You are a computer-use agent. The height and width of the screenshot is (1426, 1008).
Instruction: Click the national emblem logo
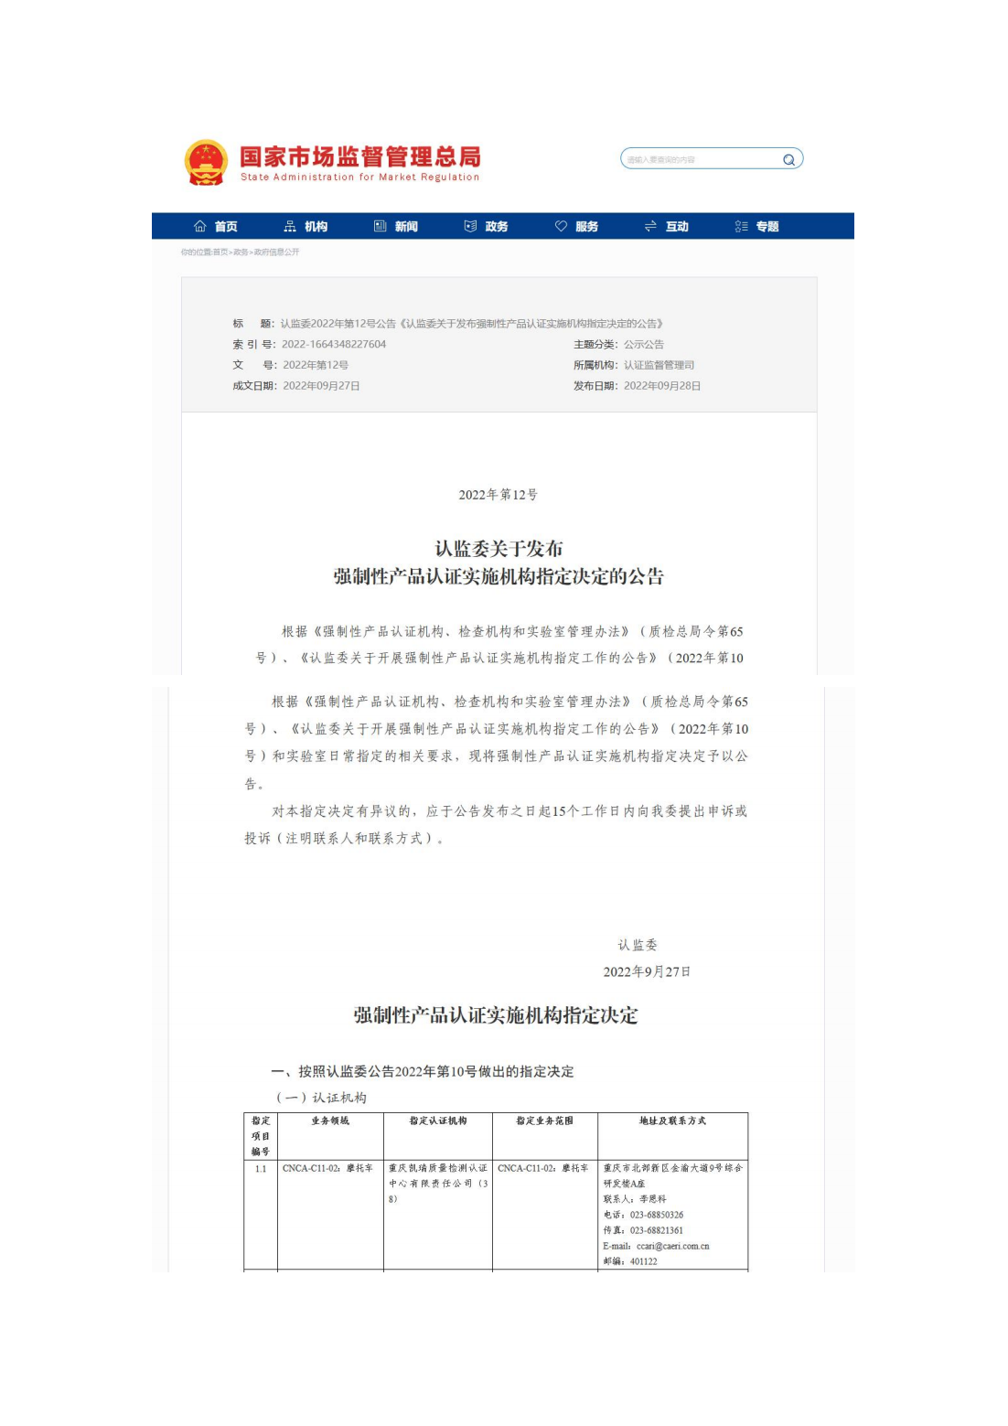pos(206,163)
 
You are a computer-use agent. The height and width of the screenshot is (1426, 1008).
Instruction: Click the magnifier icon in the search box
pos(788,160)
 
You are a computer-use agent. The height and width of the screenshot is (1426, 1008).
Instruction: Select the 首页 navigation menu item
pos(216,227)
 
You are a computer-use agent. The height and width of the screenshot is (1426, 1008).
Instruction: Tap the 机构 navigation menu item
pos(306,227)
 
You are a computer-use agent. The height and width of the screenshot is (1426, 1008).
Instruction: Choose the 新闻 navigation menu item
pos(396,227)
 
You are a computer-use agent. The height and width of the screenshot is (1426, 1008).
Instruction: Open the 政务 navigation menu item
pos(487,227)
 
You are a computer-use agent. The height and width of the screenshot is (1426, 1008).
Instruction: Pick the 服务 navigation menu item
pos(577,227)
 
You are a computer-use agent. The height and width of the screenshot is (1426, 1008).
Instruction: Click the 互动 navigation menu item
pos(667,227)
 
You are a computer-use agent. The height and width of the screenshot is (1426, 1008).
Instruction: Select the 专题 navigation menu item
pos(757,227)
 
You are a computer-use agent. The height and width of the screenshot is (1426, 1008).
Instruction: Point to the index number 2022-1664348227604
pos(334,345)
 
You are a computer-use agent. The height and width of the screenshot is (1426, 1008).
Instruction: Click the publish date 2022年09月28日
pos(662,386)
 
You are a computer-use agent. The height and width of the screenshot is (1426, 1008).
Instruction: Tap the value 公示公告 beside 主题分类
pos(644,345)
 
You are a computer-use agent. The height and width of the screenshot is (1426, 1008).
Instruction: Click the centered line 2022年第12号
pos(498,495)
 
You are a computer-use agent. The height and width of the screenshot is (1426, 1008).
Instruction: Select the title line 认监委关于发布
pos(499,549)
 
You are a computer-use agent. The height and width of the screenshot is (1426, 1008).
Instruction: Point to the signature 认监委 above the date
pos(638,945)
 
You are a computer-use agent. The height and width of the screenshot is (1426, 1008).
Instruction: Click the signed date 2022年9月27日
pos(647,971)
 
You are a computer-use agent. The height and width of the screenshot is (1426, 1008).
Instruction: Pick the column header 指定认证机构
pos(438,1121)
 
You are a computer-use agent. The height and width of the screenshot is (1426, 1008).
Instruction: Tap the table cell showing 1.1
pos(261,1169)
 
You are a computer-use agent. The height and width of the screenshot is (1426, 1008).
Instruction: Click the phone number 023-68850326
pos(656,1216)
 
